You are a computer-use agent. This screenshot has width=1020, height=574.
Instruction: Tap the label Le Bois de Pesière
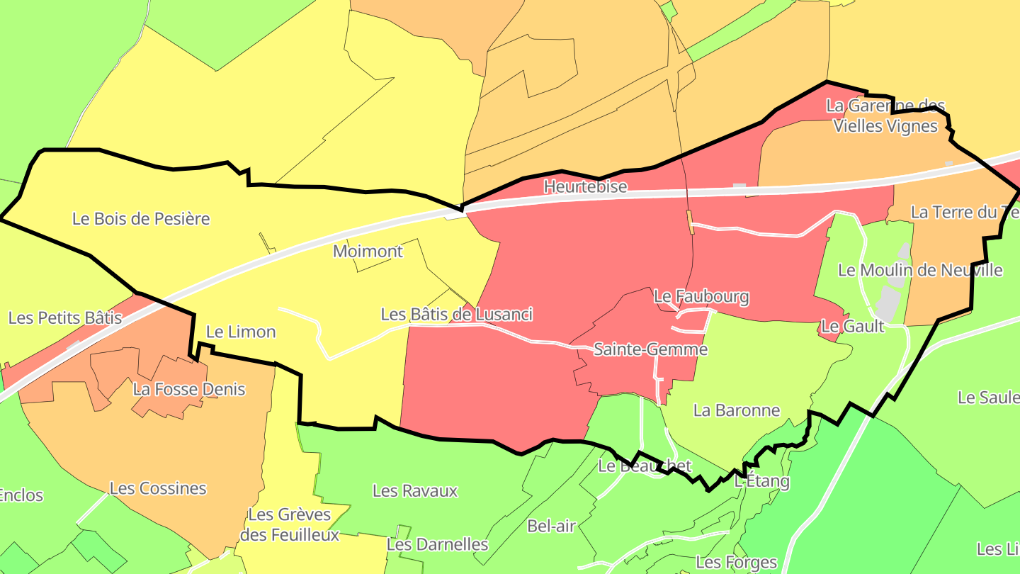(141, 218)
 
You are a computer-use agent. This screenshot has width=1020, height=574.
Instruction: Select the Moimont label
(368, 251)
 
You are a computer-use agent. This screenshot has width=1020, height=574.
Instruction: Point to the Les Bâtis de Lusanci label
(456, 314)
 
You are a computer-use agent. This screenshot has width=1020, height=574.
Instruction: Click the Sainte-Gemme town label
(650, 349)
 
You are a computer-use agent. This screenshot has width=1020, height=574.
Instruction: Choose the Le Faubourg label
(701, 296)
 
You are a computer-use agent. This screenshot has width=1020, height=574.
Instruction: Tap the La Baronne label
(736, 410)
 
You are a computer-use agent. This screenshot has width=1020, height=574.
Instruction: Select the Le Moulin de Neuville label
(920, 270)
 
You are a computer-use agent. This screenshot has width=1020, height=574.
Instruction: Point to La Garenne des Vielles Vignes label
(885, 116)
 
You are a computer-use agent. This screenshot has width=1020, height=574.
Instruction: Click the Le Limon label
(240, 332)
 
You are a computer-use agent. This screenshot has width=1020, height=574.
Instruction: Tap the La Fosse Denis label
(189, 388)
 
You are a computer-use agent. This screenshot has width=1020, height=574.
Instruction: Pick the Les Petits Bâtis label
(65, 317)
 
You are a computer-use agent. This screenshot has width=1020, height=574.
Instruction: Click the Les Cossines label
(158, 488)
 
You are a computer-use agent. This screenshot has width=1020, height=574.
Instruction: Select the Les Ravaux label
(415, 490)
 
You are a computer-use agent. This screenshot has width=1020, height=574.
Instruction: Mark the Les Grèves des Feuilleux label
(290, 524)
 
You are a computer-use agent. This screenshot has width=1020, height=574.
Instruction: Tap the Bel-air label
(551, 526)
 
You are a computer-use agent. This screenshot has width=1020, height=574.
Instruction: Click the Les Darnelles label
(437, 544)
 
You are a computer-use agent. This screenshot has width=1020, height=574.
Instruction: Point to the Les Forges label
(736, 563)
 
